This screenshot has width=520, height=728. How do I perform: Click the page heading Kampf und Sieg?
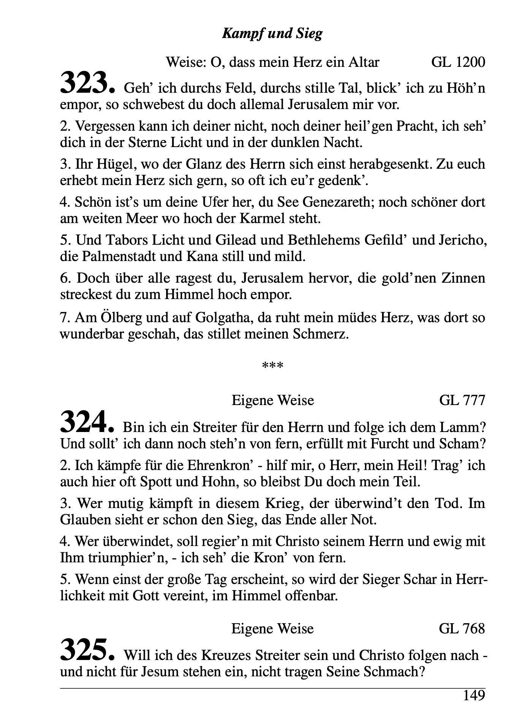272,34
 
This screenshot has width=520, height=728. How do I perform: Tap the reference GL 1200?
458,62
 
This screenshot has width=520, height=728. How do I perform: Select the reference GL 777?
462,400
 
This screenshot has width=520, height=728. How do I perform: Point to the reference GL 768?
462,628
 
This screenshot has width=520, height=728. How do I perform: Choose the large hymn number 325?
87,650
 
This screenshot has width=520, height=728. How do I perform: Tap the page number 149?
474,696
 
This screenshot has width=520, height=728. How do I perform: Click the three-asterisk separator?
273,366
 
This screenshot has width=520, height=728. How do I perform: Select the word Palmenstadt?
119,256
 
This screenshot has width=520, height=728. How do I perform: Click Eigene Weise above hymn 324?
273,400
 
